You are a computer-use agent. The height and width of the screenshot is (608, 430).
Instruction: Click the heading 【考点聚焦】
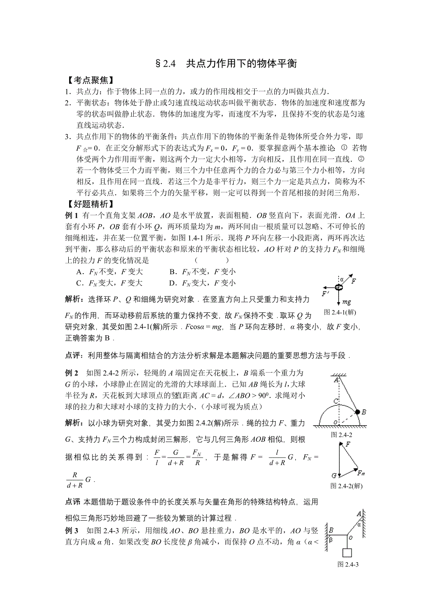(87, 80)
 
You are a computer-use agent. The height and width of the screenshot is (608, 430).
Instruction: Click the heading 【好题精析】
(87, 204)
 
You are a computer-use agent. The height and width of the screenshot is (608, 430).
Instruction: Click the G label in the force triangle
(334, 475)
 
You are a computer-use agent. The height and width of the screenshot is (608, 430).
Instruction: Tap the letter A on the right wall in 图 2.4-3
(359, 515)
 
